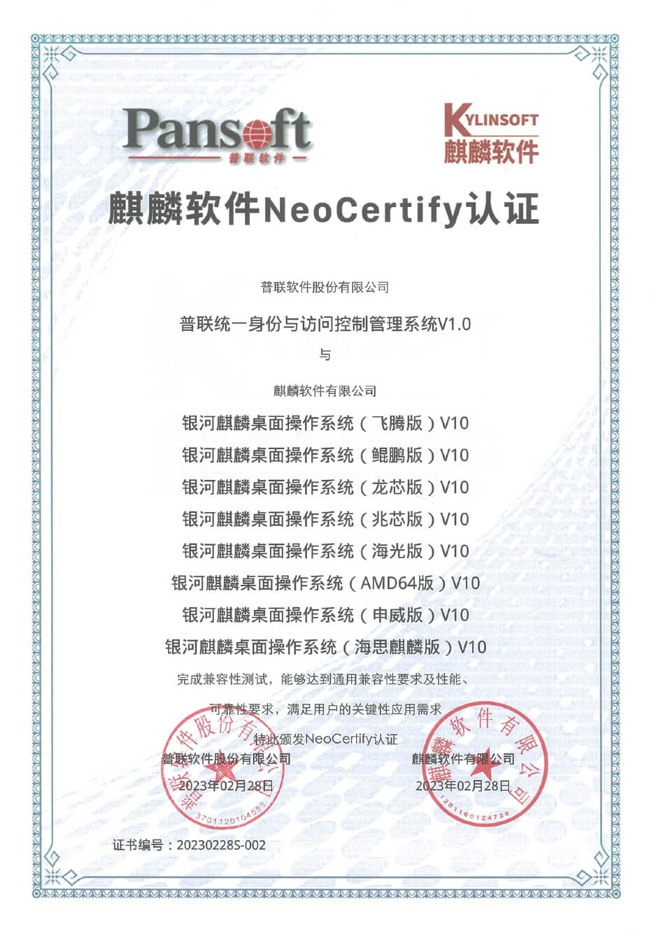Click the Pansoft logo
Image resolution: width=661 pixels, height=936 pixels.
pyautogui.click(x=217, y=134)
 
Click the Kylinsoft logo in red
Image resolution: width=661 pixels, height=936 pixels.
pyautogui.click(x=491, y=134)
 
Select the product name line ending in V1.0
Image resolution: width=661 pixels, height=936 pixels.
pyautogui.click(x=325, y=324)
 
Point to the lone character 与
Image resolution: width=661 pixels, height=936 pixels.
pyautogui.click(x=325, y=355)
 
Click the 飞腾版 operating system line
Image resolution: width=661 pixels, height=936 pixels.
pyautogui.click(x=325, y=423)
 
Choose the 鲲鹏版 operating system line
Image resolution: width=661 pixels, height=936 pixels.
pyautogui.click(x=325, y=455)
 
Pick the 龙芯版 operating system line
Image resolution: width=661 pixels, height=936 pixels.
pyautogui.click(x=325, y=488)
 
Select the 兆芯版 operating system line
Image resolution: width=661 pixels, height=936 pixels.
pyautogui.click(x=325, y=519)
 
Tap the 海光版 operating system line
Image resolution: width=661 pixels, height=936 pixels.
pyautogui.click(x=325, y=551)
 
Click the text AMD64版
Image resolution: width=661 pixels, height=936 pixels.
pyautogui.click(x=397, y=583)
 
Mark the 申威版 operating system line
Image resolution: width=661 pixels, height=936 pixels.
pyautogui.click(x=325, y=615)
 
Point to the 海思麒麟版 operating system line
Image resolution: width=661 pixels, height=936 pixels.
pyautogui.click(x=325, y=647)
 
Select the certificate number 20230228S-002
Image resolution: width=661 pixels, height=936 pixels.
pyautogui.click(x=221, y=845)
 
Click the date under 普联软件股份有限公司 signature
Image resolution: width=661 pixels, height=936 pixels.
pyautogui.click(x=226, y=786)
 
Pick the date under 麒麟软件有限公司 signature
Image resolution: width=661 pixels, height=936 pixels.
pyautogui.click(x=463, y=786)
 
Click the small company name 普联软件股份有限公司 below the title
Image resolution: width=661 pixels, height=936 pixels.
pyautogui.click(x=325, y=287)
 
